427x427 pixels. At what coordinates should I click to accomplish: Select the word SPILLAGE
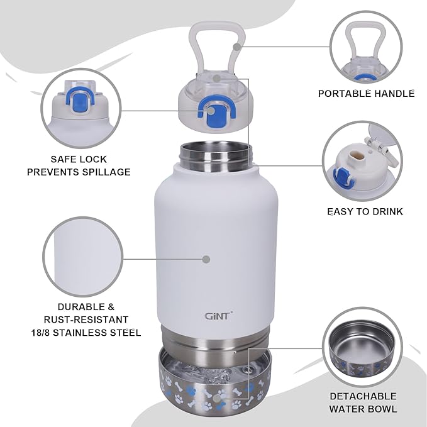(106, 172)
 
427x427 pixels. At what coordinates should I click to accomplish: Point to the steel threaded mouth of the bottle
(215, 155)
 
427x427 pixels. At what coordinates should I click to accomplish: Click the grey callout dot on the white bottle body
(206, 258)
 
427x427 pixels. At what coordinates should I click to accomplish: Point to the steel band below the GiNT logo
(216, 340)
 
